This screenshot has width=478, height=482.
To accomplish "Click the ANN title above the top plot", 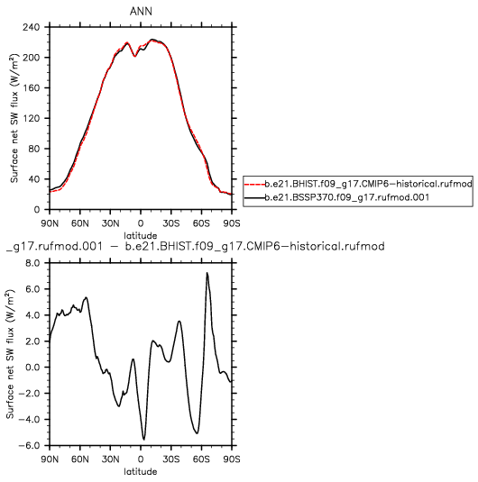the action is click(141, 12).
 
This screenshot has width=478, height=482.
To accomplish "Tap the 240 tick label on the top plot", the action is click(31, 27).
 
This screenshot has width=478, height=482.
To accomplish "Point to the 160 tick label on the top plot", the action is click(31, 88).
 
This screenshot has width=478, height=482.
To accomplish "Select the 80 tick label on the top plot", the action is click(33, 149).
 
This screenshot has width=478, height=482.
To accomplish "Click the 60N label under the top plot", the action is click(80, 223).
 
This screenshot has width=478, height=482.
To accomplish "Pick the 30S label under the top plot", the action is click(171, 223).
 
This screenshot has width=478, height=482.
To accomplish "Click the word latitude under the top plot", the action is click(141, 235).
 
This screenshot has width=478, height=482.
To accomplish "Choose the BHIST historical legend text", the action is click(369, 184).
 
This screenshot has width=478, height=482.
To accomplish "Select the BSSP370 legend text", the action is click(347, 197).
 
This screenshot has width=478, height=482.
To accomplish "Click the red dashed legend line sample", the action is click(255, 184).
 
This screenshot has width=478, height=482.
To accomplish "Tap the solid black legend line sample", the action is click(255, 197).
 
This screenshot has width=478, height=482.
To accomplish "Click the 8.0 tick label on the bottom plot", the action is click(32, 263).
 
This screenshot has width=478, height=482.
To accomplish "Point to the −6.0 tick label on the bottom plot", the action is click(29, 445).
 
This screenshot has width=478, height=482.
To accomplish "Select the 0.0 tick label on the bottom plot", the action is click(32, 368).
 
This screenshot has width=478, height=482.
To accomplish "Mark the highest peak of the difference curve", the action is click(207, 273).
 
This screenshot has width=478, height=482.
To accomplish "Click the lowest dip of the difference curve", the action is click(143, 440).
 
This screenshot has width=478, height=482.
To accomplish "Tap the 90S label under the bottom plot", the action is click(232, 459).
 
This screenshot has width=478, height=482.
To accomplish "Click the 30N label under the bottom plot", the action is click(111, 459).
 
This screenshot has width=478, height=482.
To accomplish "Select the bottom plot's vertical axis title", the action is click(11, 354).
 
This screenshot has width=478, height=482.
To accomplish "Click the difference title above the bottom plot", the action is click(196, 246).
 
